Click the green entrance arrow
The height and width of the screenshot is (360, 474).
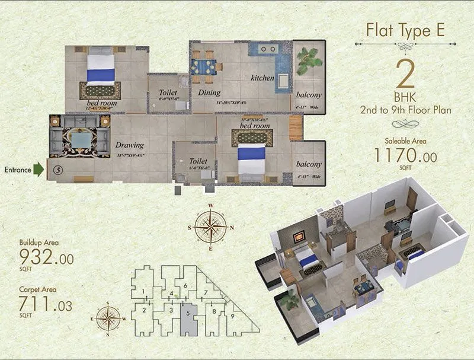click(39, 170)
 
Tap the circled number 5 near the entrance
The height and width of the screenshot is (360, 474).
click(57, 169)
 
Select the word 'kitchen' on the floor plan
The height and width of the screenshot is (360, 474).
click(262, 78)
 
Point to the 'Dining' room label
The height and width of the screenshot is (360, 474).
click(209, 93)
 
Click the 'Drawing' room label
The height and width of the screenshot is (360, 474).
click(130, 145)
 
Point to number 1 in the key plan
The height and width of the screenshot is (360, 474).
click(143, 291)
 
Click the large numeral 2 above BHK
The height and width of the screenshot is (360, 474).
click(405, 76)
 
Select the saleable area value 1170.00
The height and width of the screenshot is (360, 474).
click(405, 156)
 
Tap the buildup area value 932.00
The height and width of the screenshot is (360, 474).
click(46, 257)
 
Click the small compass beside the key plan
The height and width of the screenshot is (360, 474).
click(107, 318)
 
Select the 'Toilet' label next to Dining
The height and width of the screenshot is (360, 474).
click(168, 93)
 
